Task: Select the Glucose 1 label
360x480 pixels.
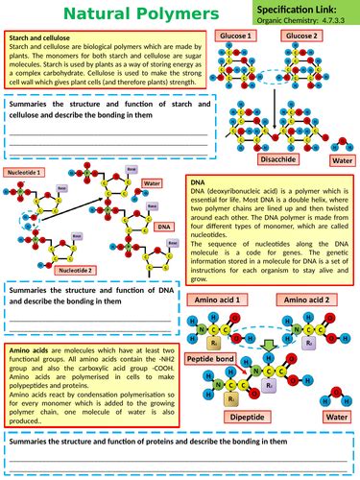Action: click(x=235, y=36)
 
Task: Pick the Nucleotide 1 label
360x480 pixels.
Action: click(x=23, y=172)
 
